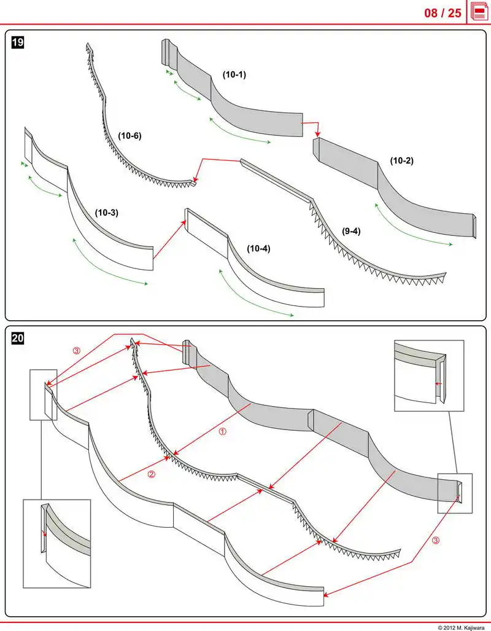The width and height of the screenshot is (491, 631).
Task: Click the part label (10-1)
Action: coord(234,74)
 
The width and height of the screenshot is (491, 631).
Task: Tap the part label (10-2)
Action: coord(401,161)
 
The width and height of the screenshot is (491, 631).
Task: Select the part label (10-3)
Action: coord(106,213)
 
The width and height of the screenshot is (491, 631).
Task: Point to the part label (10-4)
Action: coord(258,249)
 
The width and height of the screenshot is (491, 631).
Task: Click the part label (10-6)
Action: coord(130,136)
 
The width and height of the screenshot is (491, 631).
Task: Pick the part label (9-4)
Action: coord(351,231)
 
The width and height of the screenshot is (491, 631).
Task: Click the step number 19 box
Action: coord(18,42)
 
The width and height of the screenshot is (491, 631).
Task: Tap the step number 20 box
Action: coord(18,337)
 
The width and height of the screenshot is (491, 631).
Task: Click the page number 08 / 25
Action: coord(443,12)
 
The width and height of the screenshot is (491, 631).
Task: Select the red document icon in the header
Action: coord(479,12)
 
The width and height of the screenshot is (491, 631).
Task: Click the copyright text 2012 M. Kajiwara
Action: coord(461,627)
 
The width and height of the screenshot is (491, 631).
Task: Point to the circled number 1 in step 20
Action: coord(223,432)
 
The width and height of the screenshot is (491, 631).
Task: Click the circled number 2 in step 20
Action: coord(152,474)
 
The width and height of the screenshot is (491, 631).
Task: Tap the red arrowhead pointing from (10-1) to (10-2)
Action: coord(317,133)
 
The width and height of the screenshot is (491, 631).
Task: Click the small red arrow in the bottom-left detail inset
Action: coord(44,533)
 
